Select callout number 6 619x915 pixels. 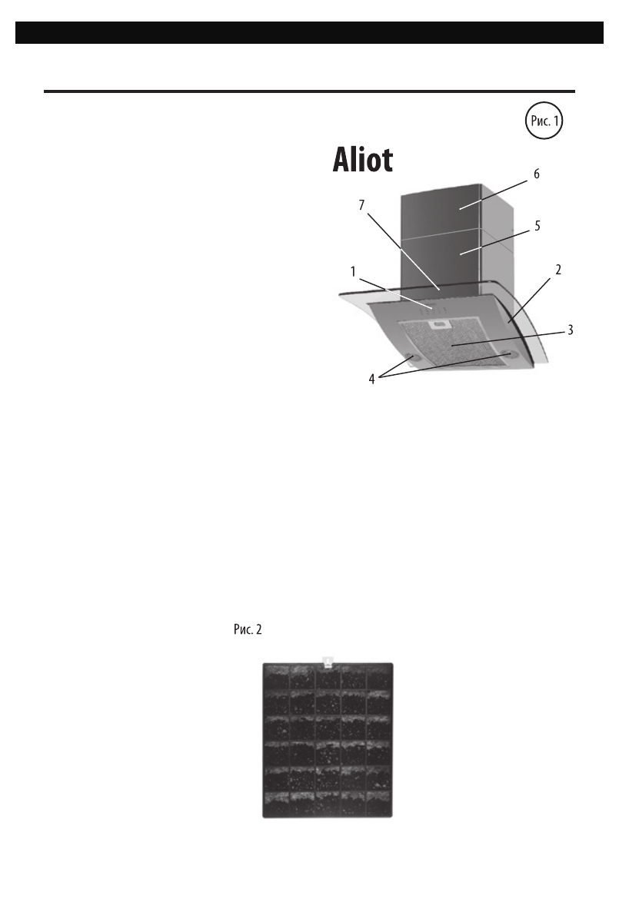tap(536, 174)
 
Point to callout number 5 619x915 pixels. tap(538, 226)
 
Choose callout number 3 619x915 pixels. tap(569, 330)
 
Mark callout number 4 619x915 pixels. tap(372, 378)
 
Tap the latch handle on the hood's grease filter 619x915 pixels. tap(441, 323)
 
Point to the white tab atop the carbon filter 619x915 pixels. tap(328, 659)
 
